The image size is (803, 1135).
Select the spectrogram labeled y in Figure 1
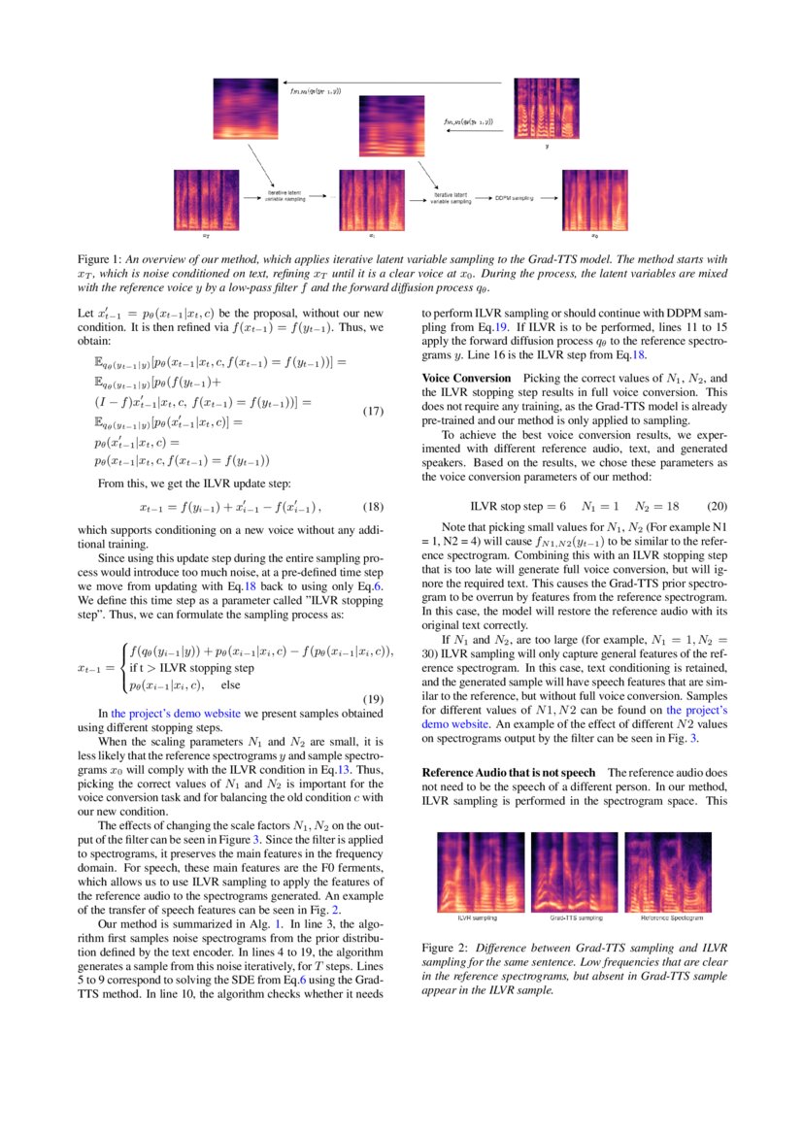point(545,109)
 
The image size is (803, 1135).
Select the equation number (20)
point(715,507)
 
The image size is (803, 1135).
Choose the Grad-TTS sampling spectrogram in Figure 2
point(576,871)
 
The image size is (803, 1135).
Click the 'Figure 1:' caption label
point(100,260)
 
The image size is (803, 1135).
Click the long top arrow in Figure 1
point(388,83)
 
